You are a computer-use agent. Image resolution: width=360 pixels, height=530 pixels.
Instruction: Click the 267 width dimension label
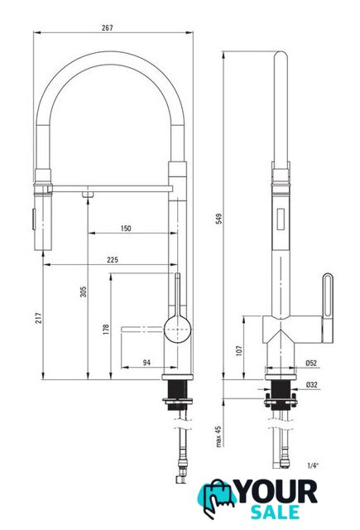point(108,27)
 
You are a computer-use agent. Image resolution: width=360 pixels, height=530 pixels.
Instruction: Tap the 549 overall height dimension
point(219,219)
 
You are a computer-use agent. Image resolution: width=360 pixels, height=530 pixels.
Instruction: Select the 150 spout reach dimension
point(126,229)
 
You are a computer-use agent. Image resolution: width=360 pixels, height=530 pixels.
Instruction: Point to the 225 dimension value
point(113,259)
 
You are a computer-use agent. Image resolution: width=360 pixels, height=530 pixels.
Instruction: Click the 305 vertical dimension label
point(83,292)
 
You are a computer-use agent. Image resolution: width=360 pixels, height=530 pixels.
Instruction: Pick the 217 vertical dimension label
point(39,318)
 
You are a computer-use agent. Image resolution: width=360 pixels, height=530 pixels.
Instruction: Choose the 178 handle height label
point(106,330)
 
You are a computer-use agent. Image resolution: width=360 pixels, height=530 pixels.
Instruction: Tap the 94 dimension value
point(146,363)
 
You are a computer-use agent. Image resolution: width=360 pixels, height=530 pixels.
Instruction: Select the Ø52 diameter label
point(311,363)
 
